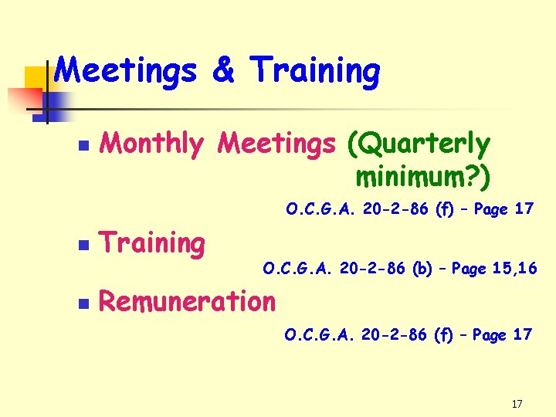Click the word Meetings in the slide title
click(127, 71)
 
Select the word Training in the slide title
click(315, 73)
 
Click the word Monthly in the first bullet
click(152, 144)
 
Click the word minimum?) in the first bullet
click(422, 177)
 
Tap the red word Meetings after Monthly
click(277, 144)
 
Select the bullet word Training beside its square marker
click(152, 244)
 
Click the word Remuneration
click(187, 301)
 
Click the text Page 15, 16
click(494, 270)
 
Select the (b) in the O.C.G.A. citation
click(422, 270)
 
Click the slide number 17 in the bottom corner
click(517, 404)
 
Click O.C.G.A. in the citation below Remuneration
click(313, 335)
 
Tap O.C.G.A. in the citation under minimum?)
click(314, 208)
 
